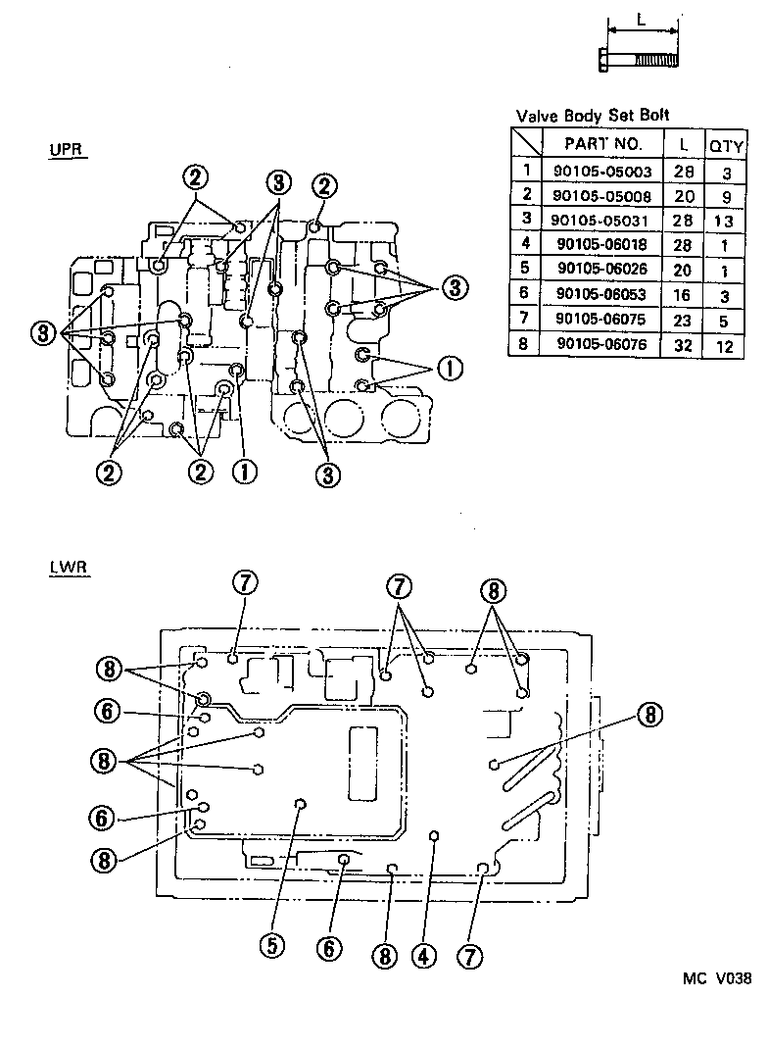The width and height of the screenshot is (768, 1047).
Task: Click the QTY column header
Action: point(727,144)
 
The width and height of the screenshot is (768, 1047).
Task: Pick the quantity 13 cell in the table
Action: point(727,219)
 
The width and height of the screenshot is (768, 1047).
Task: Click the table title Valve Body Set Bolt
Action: point(593,116)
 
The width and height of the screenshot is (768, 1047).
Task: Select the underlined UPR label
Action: point(68,151)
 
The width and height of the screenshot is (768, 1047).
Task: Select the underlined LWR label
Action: point(69,568)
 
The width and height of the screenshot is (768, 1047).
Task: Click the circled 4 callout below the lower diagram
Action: point(422,954)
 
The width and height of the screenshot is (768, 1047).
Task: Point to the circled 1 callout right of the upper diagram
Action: point(449,369)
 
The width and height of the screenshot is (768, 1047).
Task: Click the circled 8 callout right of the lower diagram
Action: point(648,715)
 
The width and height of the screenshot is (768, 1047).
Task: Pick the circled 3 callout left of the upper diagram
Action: point(44,333)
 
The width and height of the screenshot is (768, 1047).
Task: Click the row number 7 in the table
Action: point(526,319)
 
